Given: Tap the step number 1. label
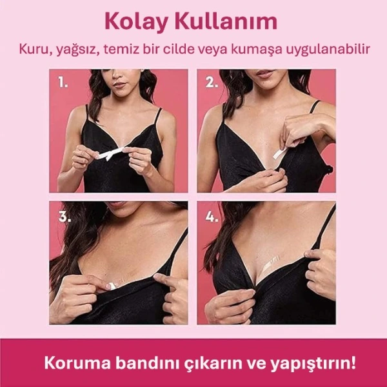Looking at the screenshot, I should click(x=62, y=82).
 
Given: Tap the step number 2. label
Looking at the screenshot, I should click(x=211, y=82).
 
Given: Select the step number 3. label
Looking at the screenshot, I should click(x=63, y=215).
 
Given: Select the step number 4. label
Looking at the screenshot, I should click(x=211, y=215).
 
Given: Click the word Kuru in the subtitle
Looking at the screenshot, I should click(x=32, y=50).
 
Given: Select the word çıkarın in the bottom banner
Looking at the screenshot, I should click(x=206, y=363).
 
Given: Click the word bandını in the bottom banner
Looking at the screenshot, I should click(x=141, y=362).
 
